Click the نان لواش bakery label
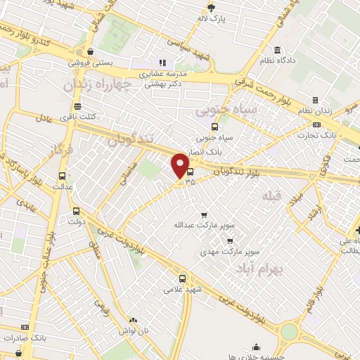pyautogui.click(x=134, y=330)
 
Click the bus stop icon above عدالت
pyautogui.click(x=63, y=176)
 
